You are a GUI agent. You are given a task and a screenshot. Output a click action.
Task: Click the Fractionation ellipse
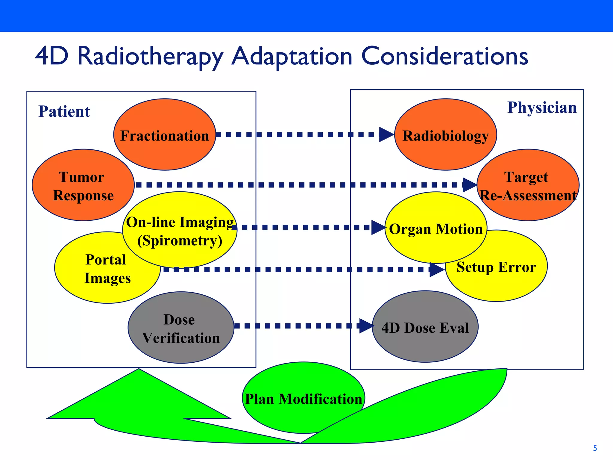[165, 135]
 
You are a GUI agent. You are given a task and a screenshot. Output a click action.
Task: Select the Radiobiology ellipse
[445, 135]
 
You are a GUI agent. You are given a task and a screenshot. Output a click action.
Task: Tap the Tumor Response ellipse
[83, 186]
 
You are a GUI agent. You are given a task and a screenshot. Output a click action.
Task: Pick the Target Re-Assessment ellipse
[528, 186]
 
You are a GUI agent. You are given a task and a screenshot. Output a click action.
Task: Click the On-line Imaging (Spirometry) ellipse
[180, 231]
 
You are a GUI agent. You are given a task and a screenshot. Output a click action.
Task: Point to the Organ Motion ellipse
[436, 229]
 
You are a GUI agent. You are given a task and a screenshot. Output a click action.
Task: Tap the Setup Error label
[496, 267]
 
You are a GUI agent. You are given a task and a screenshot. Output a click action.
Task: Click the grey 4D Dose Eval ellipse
[425, 327]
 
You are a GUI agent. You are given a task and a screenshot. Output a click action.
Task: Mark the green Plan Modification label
[303, 399]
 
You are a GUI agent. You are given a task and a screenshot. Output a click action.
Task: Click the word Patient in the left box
[64, 111]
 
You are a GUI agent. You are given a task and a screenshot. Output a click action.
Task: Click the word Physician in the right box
[542, 107]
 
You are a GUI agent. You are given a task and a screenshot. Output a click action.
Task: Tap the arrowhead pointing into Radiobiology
[386, 134]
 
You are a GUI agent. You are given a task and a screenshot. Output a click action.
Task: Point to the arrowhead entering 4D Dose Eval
[366, 326]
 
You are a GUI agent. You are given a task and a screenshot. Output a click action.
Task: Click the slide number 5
[595, 448]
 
